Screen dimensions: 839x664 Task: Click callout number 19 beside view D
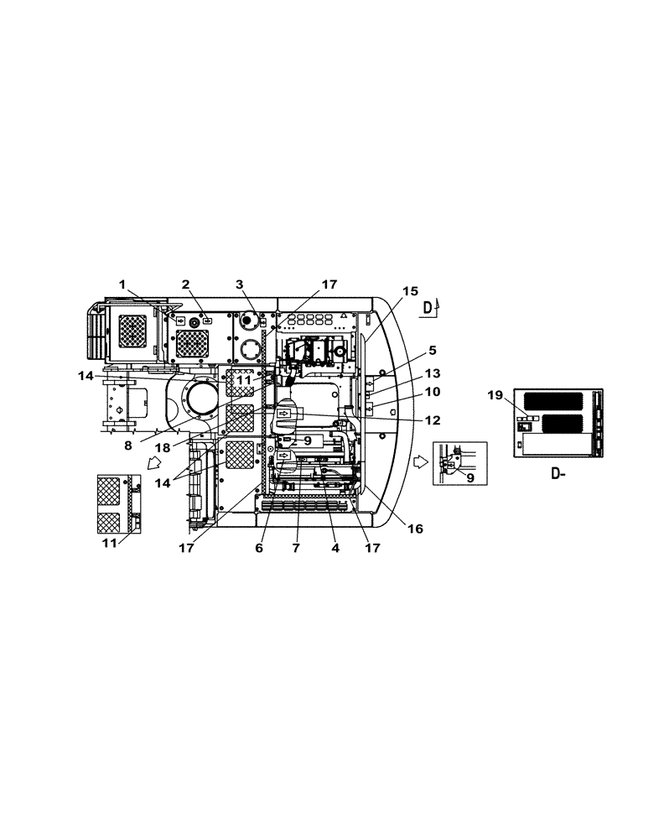click(x=495, y=393)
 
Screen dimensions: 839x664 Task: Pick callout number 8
click(x=128, y=446)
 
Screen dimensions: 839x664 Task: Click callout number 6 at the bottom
click(x=259, y=548)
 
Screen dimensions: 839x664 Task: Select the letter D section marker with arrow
click(x=428, y=308)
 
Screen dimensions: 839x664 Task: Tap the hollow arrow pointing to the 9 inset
click(x=418, y=461)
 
